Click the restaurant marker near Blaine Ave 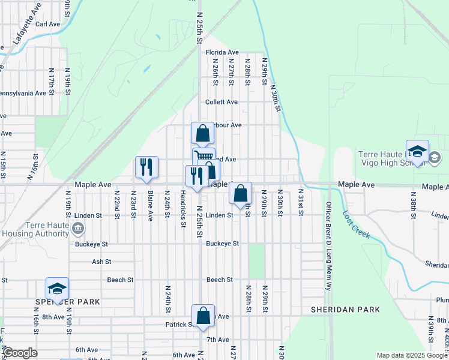[x=146, y=167]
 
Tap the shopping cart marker [x=203, y=157]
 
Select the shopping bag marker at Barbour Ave [x=203, y=133]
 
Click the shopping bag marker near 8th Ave [x=203, y=316]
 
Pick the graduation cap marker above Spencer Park [x=57, y=289]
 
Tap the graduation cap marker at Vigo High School [x=417, y=151]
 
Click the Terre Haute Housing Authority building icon [x=78, y=228]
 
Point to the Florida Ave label [x=222, y=53]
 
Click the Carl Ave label [x=48, y=24]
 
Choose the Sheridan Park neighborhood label [x=345, y=310]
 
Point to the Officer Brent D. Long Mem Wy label [x=328, y=246]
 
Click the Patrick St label [x=179, y=325]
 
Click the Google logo [x=20, y=353]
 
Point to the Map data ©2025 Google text [x=411, y=355]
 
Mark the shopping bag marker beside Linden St [x=240, y=193]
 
